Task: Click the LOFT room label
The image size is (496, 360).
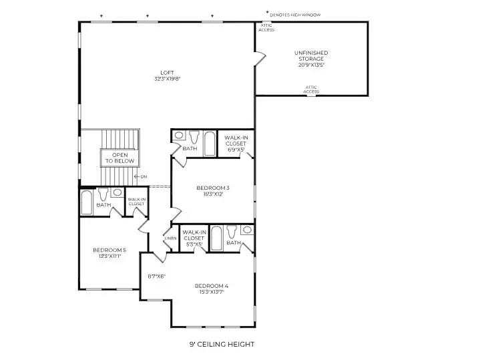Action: tap(167, 72)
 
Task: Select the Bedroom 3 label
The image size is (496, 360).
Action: tap(214, 188)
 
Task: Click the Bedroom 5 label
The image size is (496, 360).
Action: tap(109, 250)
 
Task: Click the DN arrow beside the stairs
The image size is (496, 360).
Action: tap(140, 176)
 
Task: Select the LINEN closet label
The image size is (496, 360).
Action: tap(170, 238)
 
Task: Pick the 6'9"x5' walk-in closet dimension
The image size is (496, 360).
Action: tap(236, 150)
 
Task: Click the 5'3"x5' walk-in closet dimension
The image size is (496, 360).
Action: tap(194, 244)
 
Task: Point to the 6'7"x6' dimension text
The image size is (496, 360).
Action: tap(156, 276)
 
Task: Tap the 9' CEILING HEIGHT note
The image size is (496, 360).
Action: tap(222, 345)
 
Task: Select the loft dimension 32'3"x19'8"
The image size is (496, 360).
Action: tap(167, 79)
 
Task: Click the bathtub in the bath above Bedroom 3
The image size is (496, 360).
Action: tap(210, 141)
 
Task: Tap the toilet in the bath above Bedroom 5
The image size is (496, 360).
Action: tap(103, 195)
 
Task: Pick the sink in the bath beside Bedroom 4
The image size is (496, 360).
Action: tap(247, 230)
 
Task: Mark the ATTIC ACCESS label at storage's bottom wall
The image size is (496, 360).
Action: tap(311, 89)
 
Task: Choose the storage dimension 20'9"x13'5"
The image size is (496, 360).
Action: tap(311, 65)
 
